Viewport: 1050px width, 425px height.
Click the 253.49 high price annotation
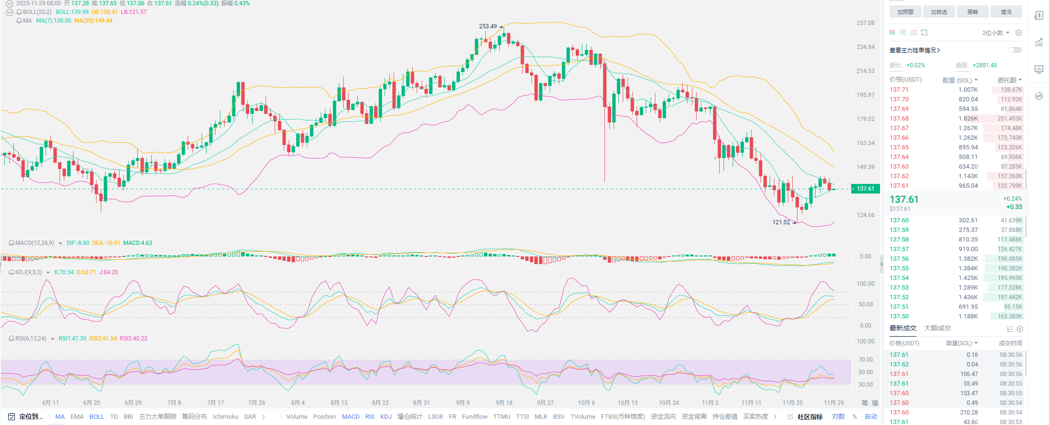tap(488, 26)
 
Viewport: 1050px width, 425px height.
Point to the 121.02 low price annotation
tap(781, 222)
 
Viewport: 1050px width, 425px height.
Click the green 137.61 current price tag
tap(865, 189)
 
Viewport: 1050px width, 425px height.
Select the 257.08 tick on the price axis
tap(865, 23)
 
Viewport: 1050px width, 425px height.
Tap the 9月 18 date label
tap(504, 403)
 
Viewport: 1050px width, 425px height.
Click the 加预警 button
tap(905, 12)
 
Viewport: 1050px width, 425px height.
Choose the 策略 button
tap(972, 12)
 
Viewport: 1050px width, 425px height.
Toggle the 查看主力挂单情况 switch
tap(1015, 50)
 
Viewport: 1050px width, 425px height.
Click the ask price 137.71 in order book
tap(899, 90)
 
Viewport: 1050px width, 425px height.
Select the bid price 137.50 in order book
tap(899, 316)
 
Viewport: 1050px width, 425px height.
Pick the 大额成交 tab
tap(937, 328)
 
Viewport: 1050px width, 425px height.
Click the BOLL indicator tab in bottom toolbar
tap(97, 417)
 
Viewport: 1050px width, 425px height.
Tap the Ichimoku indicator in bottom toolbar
tap(225, 417)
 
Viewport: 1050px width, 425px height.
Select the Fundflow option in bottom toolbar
tap(474, 417)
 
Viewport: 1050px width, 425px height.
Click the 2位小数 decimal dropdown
tap(995, 33)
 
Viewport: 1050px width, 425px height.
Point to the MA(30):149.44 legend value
tap(93, 21)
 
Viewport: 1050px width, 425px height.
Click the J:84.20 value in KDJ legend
tap(109, 272)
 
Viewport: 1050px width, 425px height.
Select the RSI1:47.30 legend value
tap(72, 339)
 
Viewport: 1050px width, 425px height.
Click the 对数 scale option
tap(838, 417)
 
